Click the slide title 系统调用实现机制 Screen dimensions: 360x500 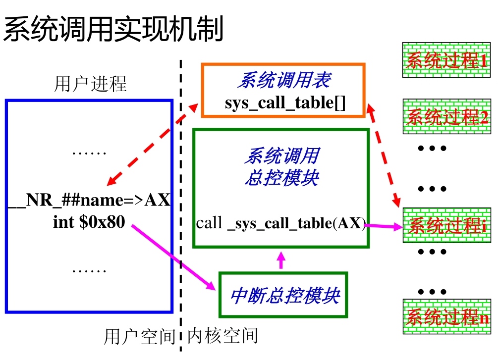coord(113,29)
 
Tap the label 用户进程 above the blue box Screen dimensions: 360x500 coord(90,84)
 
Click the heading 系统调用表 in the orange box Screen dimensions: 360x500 coord(284,80)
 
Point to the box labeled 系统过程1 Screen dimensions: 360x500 coord(446,60)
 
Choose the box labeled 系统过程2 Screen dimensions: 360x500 coord(446,116)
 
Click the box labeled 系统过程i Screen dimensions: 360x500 coord(446,225)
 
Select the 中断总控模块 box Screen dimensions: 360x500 coord(283,295)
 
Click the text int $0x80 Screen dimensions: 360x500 coord(89,222)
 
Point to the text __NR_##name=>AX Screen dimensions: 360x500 coord(89,201)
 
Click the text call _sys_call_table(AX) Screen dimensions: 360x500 coord(280,223)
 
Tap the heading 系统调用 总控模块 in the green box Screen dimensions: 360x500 coord(281,167)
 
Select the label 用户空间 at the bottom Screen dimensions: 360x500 coord(140,337)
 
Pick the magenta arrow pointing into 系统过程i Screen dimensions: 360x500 coord(383,227)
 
